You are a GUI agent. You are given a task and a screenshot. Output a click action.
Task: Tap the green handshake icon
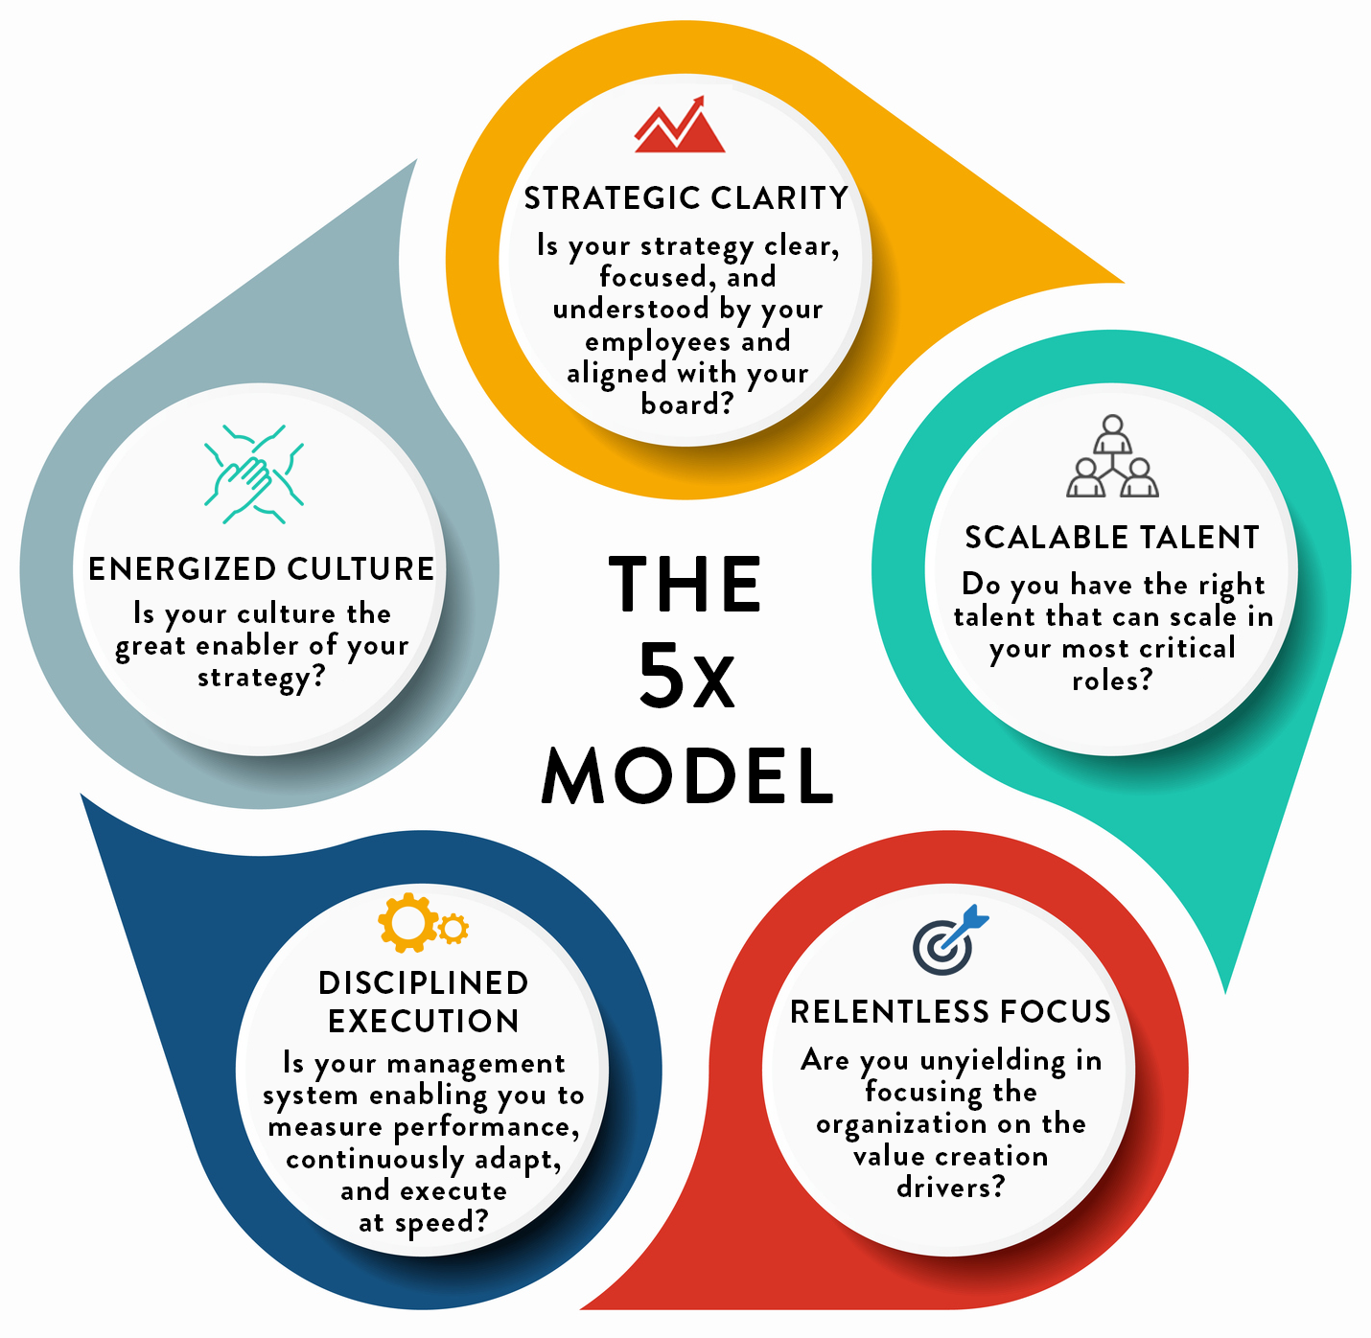pyautogui.click(x=253, y=474)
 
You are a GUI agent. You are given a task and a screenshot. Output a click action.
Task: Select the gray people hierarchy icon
pyautogui.click(x=1112, y=457)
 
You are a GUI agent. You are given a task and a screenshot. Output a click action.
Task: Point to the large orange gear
pyautogui.click(x=407, y=922)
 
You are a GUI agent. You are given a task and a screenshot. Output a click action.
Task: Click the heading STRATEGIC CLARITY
pyautogui.click(x=685, y=198)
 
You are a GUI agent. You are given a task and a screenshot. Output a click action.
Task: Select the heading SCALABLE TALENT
pyautogui.click(x=1112, y=538)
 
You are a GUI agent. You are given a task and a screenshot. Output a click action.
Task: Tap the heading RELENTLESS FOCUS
pyautogui.click(x=950, y=1012)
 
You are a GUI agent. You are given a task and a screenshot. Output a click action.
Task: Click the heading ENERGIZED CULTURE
pyautogui.click(x=261, y=569)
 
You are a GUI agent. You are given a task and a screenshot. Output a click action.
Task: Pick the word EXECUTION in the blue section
pyautogui.click(x=424, y=1022)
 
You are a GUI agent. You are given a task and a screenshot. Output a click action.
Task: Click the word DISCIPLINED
pyautogui.click(x=424, y=983)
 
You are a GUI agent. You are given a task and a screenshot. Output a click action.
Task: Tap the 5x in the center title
pyautogui.click(x=686, y=678)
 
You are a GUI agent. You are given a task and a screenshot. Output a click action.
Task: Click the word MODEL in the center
pyautogui.click(x=687, y=775)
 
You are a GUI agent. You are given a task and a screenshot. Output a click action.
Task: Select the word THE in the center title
pyautogui.click(x=685, y=584)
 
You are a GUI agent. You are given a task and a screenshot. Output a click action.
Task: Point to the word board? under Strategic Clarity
pyautogui.click(x=687, y=405)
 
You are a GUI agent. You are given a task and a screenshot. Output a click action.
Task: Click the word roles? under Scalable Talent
pyautogui.click(x=1112, y=681)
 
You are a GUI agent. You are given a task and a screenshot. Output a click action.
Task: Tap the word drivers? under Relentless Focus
pyautogui.click(x=950, y=1188)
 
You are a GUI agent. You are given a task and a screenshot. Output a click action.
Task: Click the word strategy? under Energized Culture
pyautogui.click(x=261, y=679)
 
